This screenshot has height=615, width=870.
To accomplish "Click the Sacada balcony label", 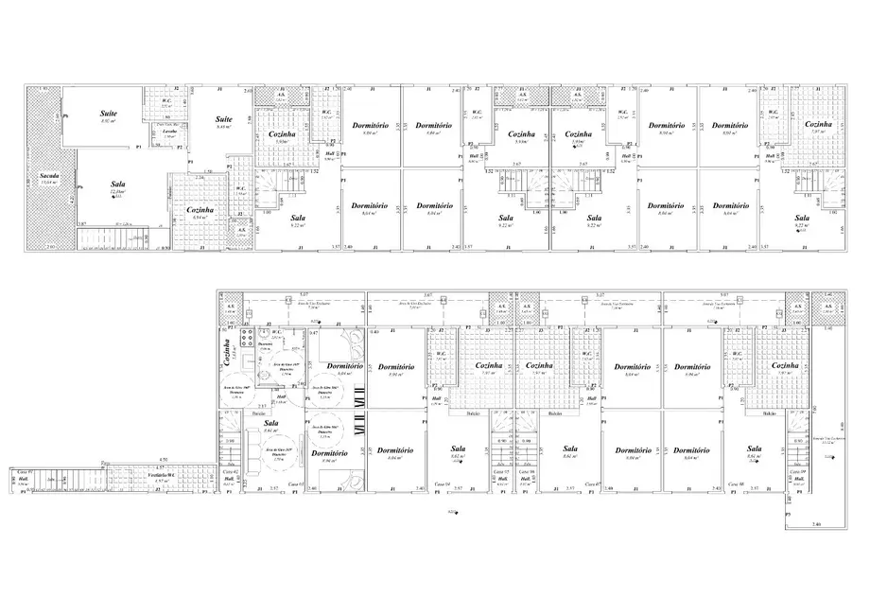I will pyautogui.click(x=45, y=176).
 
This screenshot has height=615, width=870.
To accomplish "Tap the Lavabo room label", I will pyautogui.click(x=169, y=131).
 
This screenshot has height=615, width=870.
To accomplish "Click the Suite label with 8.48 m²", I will pyautogui.click(x=223, y=119).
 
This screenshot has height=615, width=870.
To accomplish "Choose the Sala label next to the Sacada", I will pyautogui.click(x=118, y=185).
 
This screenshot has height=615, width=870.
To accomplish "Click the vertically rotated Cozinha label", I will pyautogui.click(x=226, y=354).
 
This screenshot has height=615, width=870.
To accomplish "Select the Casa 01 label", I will pyautogui.click(x=24, y=471).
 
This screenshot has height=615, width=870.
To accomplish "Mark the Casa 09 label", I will pyautogui.click(x=795, y=471).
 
